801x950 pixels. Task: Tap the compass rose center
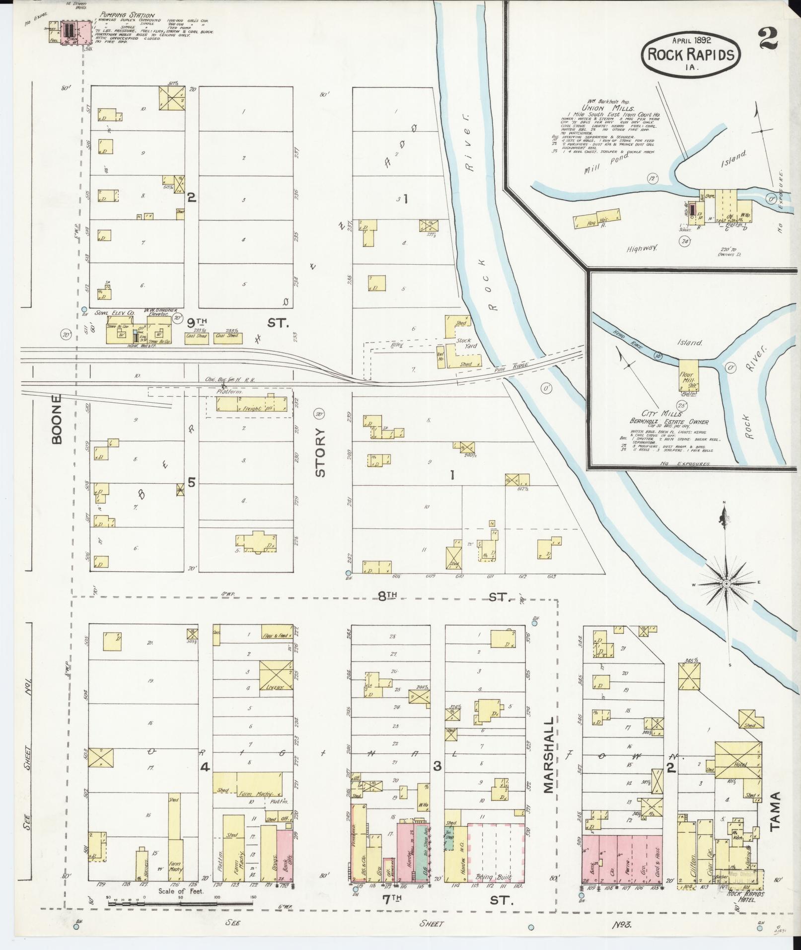click(726, 583)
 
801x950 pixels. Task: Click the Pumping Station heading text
click(127, 15)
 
